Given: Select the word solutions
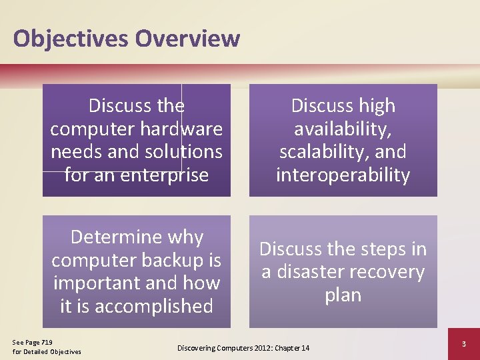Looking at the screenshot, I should click(x=183, y=151).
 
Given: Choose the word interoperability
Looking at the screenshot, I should click(x=343, y=175).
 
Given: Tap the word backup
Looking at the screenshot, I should click(x=174, y=260).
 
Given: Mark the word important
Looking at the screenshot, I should click(x=98, y=283).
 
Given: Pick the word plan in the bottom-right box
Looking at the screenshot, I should click(x=343, y=295).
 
